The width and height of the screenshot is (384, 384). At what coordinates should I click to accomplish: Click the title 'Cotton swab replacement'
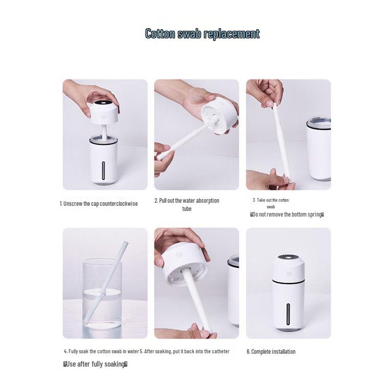point(202,34)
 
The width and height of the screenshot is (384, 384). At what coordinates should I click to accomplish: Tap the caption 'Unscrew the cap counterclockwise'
point(98,203)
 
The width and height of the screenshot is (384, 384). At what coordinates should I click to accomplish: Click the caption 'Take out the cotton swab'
point(271,203)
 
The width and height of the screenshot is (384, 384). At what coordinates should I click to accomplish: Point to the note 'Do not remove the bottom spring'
point(287,215)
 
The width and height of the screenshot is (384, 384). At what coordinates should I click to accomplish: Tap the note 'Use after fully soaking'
point(95,364)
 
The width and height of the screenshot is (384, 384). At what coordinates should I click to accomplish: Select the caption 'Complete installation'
point(271,352)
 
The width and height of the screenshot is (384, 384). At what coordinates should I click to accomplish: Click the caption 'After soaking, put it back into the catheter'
point(185,351)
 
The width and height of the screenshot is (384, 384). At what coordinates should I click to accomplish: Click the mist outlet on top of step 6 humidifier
point(288,258)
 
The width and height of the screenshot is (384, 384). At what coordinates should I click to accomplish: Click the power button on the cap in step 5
point(178,253)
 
